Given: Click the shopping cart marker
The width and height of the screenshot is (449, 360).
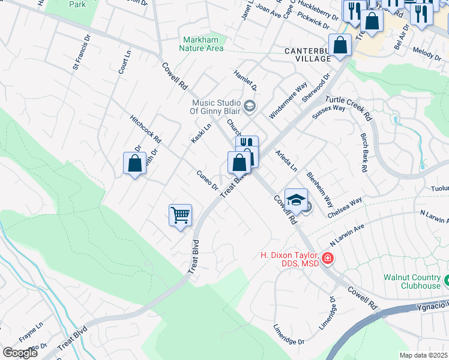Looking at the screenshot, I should (x=181, y=215).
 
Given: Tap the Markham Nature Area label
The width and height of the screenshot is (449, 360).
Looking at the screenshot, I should (x=203, y=44).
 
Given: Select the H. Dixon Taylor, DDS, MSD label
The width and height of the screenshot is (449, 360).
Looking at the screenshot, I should (x=290, y=259).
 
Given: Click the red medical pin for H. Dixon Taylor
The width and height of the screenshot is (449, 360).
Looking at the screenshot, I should (x=328, y=259).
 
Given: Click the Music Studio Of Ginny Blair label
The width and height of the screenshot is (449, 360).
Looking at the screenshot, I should (x=215, y=107).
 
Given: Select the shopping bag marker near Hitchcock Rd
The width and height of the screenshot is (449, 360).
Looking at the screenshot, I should (x=134, y=163).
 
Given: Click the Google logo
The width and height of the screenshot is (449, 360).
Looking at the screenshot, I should (x=20, y=352).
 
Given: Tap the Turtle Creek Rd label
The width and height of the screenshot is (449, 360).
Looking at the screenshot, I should (x=349, y=107).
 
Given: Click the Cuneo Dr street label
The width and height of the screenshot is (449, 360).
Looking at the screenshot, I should (x=207, y=180).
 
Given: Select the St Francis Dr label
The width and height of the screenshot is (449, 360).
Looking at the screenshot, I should (x=81, y=52).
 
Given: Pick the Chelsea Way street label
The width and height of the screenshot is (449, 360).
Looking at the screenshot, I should (x=346, y=208).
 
